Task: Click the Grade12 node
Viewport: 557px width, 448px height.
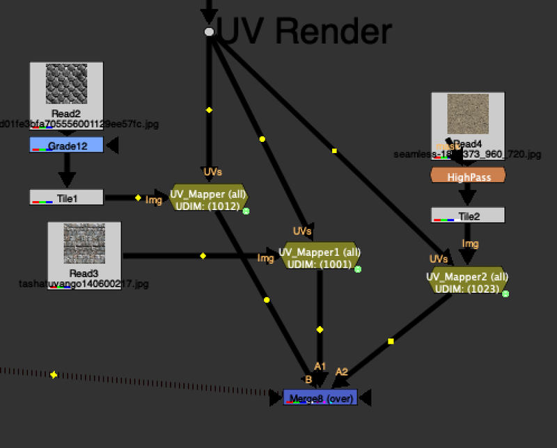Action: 66,145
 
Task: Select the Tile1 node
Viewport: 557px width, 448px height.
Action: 66,198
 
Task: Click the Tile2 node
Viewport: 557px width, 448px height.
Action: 468,216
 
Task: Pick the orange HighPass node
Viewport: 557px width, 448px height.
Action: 468,177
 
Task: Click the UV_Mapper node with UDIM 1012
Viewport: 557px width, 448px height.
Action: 208,200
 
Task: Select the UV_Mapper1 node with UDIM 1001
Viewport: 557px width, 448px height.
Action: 320,258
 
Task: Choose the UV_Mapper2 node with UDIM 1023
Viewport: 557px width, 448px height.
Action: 467,282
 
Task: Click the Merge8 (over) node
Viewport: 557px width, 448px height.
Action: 320,398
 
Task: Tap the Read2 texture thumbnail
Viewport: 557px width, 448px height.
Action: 67,84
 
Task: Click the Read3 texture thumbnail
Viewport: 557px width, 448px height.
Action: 84,243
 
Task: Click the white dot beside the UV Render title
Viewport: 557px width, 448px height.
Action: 209,32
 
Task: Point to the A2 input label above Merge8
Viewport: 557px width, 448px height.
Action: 341,371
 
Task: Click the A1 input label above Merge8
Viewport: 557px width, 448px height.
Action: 320,366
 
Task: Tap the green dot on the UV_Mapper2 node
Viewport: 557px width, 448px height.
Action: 505,294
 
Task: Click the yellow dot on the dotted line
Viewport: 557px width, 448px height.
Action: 54,375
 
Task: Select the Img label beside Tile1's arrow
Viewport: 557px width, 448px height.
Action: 153,200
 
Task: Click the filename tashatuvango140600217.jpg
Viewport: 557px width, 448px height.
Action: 84,284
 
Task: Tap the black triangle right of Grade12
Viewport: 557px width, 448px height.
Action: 111,145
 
